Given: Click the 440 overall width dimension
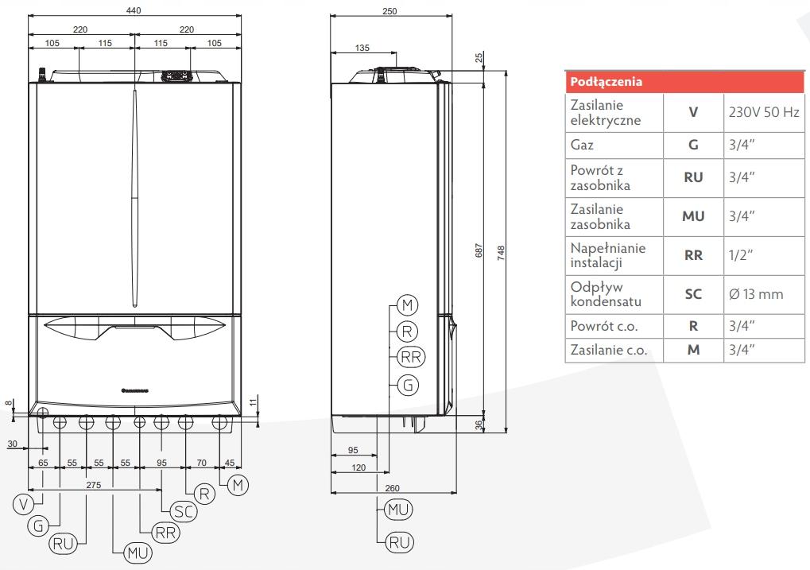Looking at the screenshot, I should [134, 11].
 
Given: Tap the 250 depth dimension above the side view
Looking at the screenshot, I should [389, 11].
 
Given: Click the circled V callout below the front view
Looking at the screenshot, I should [25, 503].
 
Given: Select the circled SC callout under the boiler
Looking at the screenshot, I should [184, 512].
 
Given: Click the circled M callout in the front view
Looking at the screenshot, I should [237, 484].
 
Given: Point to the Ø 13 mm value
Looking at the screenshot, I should [755, 294].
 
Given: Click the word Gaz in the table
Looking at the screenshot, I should [582, 145].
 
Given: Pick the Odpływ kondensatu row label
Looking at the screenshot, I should [604, 294].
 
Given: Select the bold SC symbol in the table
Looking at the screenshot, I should [693, 294].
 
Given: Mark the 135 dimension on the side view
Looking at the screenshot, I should [362, 48].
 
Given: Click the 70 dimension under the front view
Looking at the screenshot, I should [201, 461].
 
